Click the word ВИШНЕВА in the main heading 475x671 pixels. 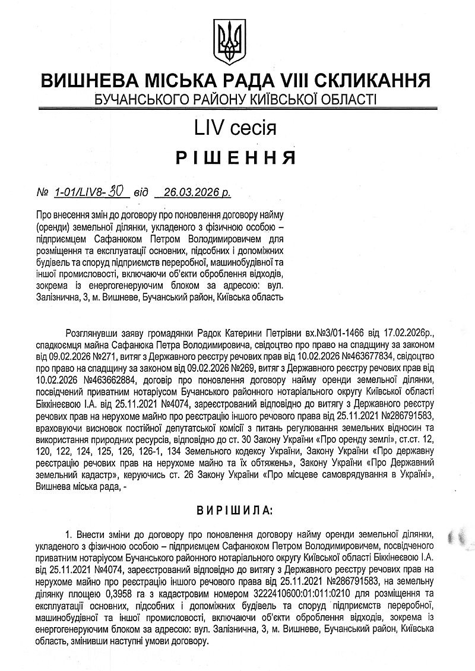click(91, 81)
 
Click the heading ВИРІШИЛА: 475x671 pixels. click(237, 509)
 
